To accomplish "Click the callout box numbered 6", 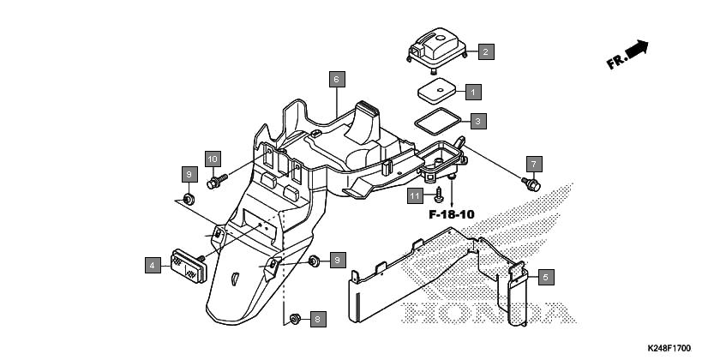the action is (337, 80).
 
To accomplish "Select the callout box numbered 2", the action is (486, 51).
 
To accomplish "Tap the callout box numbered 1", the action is (473, 92).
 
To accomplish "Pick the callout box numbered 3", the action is (478, 121).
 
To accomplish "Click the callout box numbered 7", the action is (533, 164).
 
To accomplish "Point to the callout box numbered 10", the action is (213, 159).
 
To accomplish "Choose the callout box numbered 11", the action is (415, 196).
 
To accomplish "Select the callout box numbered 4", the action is (153, 265).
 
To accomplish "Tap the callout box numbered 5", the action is (546, 277).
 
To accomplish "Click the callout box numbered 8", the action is (318, 319).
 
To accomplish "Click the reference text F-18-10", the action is (452, 214).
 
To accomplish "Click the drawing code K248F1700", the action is (669, 348).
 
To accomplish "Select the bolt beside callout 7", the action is (531, 184).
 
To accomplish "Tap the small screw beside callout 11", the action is (440, 195).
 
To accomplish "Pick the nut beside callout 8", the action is (295, 318).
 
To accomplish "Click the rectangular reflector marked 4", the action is (189, 266).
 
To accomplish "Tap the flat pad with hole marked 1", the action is (436, 92).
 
